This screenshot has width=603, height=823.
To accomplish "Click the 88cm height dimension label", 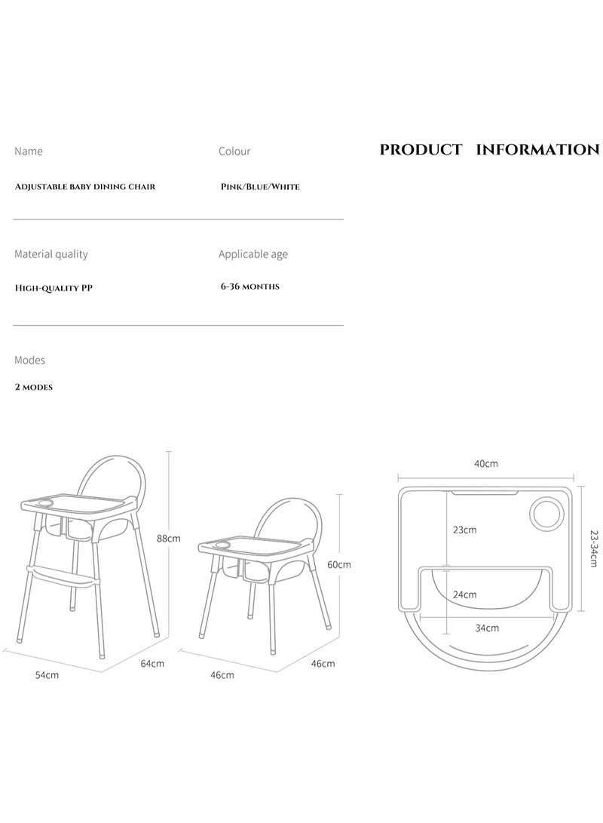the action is pos(168,539).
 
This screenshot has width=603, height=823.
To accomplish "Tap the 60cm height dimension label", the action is pos(338,565).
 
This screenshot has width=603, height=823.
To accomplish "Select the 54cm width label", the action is pos(47,675).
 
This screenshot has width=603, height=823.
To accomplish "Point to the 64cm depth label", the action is pos(152,663).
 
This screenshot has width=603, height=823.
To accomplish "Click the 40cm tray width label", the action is pos(486,463).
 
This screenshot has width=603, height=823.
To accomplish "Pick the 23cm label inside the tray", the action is pos(464,530).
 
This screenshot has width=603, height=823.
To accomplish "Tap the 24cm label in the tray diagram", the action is pos(464,594).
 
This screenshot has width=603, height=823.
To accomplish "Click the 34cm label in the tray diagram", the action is pos(487,628).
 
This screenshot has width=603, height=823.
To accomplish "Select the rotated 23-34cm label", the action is pos(593,548).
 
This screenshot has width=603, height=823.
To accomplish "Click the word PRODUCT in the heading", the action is pos(421,149).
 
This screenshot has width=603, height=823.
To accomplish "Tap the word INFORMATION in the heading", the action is pos(537,149).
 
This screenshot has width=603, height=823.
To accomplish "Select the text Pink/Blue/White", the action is pos(260,186).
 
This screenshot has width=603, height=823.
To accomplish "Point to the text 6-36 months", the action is pos(249,286).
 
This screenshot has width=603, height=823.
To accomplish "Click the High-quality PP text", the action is pos(54,287).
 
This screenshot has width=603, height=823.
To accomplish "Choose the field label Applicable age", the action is pos(253,254).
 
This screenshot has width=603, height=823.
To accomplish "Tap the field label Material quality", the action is pos(51,254).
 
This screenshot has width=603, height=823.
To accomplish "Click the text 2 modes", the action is pos(34,387).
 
